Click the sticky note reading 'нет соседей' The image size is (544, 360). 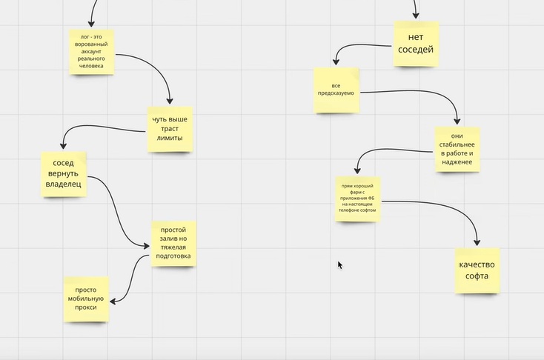coord(416,44)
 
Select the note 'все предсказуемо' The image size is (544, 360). coord(336,90)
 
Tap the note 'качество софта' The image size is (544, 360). coord(477,270)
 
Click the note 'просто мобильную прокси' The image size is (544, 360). coord(86,299)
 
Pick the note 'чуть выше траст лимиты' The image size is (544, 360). coord(170,129)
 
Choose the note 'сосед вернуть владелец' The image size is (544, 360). coord(64,174)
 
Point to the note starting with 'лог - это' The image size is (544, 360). coord(92,52)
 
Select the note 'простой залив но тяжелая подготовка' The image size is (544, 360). coord(173,244)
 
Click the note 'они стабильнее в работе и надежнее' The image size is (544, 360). coord(457,149)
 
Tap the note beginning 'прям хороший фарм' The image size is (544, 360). coord(358,199)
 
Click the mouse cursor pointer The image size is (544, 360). coord(340,265)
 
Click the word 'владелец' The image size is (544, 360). coord(64,184)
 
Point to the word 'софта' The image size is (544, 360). coord(477,276)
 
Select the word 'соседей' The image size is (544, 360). coord(416,50)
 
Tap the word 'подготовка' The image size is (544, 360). coord(173,256)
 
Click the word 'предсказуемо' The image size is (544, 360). coord(336,93)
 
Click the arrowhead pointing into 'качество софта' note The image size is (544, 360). coord(477,242)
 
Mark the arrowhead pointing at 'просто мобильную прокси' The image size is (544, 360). coord(113,301)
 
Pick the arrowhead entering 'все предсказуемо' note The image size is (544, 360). coord(336,61)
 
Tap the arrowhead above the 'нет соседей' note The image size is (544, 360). coord(416,15)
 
